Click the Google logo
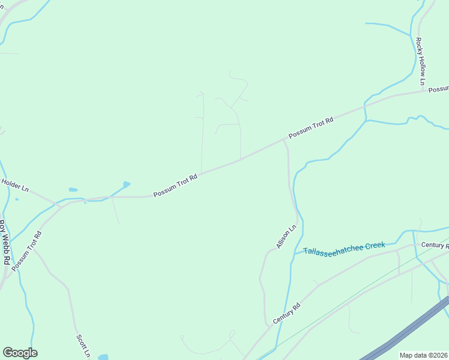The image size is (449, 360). coord(20,353)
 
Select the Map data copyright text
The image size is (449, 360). coord(424,355)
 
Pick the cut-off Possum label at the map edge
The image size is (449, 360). coord(439,89)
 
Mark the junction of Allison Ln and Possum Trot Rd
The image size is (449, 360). coord(284,141)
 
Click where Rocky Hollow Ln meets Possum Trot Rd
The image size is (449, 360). coord(427,91)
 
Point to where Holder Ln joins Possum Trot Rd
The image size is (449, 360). coord(58,205)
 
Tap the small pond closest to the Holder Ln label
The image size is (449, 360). coord(73,190)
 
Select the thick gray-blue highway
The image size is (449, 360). coord(408,330)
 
